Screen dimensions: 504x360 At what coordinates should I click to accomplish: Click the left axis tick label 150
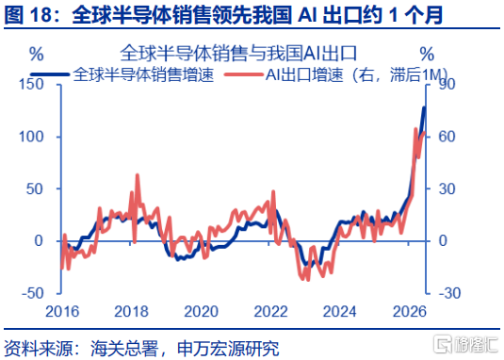pyautogui.click(x=31, y=85)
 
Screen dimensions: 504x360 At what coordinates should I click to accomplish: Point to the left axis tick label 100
pyautogui.click(x=31, y=137)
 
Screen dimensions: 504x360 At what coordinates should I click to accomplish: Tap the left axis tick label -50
pyautogui.click(x=32, y=293)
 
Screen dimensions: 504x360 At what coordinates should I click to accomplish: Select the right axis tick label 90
pyautogui.click(x=447, y=84)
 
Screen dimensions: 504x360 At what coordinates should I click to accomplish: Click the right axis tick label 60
pyautogui.click(x=447, y=137)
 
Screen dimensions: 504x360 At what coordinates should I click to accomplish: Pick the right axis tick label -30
pyautogui.click(x=449, y=293)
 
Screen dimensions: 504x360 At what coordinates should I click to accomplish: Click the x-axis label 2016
pyautogui.click(x=62, y=311)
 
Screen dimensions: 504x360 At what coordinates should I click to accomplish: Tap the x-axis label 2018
pyautogui.click(x=132, y=311)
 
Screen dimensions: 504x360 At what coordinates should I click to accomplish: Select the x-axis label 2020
pyautogui.click(x=202, y=311)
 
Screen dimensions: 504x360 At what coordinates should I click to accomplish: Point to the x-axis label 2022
pyautogui.click(x=270, y=311)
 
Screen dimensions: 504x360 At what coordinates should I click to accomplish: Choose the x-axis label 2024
pyautogui.click(x=340, y=311)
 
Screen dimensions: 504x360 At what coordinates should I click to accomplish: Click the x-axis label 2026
pyautogui.click(x=410, y=311)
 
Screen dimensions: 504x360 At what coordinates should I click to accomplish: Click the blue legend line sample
pyautogui.click(x=50, y=74)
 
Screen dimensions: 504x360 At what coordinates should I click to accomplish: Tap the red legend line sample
pyautogui.click(x=244, y=74)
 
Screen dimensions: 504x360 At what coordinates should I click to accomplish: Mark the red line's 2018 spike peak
pyautogui.click(x=138, y=175)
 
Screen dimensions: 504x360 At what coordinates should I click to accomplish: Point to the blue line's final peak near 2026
pyautogui.click(x=424, y=108)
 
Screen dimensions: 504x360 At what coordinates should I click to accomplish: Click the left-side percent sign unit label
pyautogui.click(x=37, y=54)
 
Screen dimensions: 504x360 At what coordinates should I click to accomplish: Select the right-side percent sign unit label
pyautogui.click(x=427, y=54)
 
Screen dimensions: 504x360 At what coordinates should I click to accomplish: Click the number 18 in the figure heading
pyautogui.click(x=41, y=15)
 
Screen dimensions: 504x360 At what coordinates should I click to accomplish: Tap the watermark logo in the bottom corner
pyautogui.click(x=465, y=345)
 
